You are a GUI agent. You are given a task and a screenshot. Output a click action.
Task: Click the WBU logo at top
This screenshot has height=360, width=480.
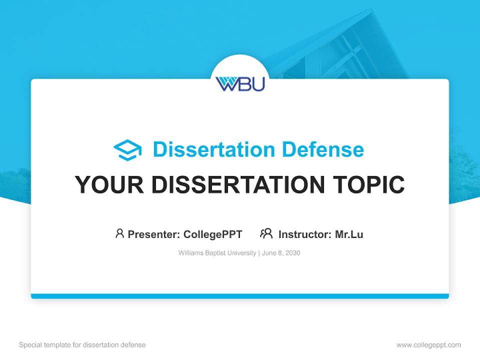point(240,83)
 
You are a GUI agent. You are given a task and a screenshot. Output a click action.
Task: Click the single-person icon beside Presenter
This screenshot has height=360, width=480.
point(119,233)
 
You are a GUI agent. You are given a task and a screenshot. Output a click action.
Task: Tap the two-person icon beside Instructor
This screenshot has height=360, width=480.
point(266,233)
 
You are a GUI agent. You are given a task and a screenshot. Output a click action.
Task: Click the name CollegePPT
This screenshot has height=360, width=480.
point(212,234)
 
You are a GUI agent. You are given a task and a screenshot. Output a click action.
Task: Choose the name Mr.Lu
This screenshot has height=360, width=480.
point(349,234)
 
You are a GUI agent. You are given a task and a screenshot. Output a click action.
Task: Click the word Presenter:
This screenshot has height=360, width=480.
point(154,234)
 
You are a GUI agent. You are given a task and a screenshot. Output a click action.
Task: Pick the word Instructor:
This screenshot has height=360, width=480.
point(304,234)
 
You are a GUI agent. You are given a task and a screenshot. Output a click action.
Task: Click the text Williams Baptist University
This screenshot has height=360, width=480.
point(217,253)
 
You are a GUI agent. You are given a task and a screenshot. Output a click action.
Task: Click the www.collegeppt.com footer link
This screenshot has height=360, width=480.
point(428,345)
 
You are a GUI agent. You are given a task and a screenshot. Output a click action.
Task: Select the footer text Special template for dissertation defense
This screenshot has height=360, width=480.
point(82,345)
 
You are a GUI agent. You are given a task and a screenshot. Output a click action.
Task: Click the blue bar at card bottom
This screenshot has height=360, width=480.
point(240,296)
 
